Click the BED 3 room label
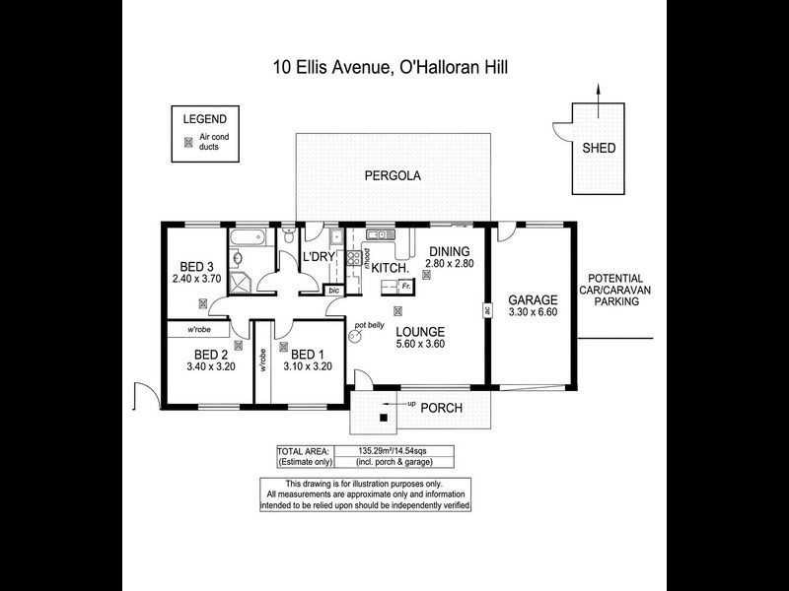196,267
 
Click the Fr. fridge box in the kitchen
404,286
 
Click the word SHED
599,149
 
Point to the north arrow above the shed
598,94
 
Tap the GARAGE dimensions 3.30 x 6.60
533,313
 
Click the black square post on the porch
384,419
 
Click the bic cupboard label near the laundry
333,291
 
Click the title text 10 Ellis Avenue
332,68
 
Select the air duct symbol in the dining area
426,277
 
